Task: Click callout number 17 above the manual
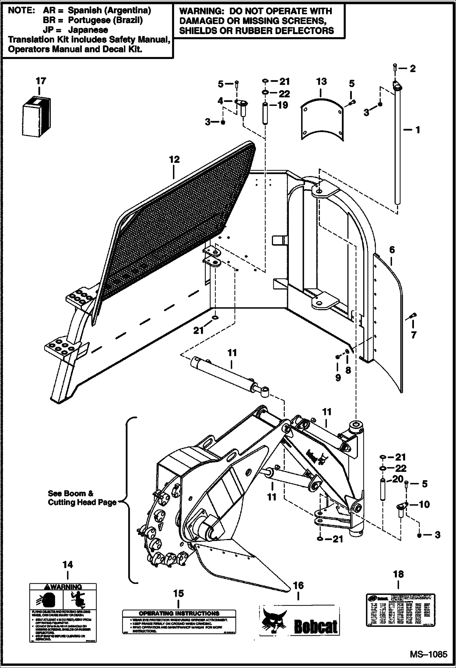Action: pyautogui.click(x=41, y=81)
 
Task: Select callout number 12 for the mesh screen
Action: pyautogui.click(x=174, y=160)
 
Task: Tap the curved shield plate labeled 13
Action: pyautogui.click(x=322, y=121)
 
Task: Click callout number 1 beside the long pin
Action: pyautogui.click(x=418, y=130)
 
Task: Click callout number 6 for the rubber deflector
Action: pyautogui.click(x=392, y=250)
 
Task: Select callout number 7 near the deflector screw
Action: pyautogui.click(x=413, y=335)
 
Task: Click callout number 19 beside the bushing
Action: pyautogui.click(x=283, y=105)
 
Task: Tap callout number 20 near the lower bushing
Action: pyautogui.click(x=398, y=479)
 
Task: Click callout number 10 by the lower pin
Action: pyautogui.click(x=424, y=505)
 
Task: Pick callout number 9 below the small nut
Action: pyautogui.click(x=338, y=378)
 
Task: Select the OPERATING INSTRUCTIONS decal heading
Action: pyautogui.click(x=179, y=613)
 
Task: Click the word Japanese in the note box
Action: pyautogui.click(x=88, y=30)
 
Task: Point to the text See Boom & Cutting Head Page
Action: pyautogui.click(x=82, y=498)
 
